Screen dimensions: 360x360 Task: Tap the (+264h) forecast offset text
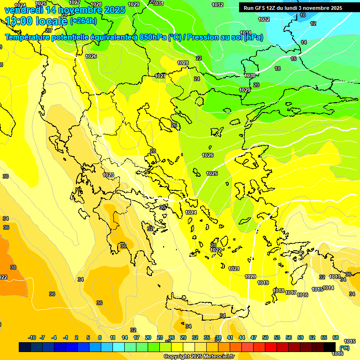[83, 21]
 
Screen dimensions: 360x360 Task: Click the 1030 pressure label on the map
[250, 75]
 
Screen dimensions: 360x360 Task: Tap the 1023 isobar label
[108, 175]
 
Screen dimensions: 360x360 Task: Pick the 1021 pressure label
[234, 269]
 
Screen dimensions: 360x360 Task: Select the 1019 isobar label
[263, 283]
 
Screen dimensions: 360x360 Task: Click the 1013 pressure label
[335, 277]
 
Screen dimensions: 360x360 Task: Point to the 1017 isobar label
[291, 292]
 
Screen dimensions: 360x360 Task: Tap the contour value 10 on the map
[303, 15]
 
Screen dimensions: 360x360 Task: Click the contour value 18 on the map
[277, 68]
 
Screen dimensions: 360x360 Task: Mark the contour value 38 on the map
[13, 267]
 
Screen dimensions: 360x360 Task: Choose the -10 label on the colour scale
[32, 337]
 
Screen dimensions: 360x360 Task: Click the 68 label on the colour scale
[336, 337]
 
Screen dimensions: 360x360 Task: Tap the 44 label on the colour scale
[242, 337]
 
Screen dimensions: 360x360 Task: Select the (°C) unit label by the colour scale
[345, 348]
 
